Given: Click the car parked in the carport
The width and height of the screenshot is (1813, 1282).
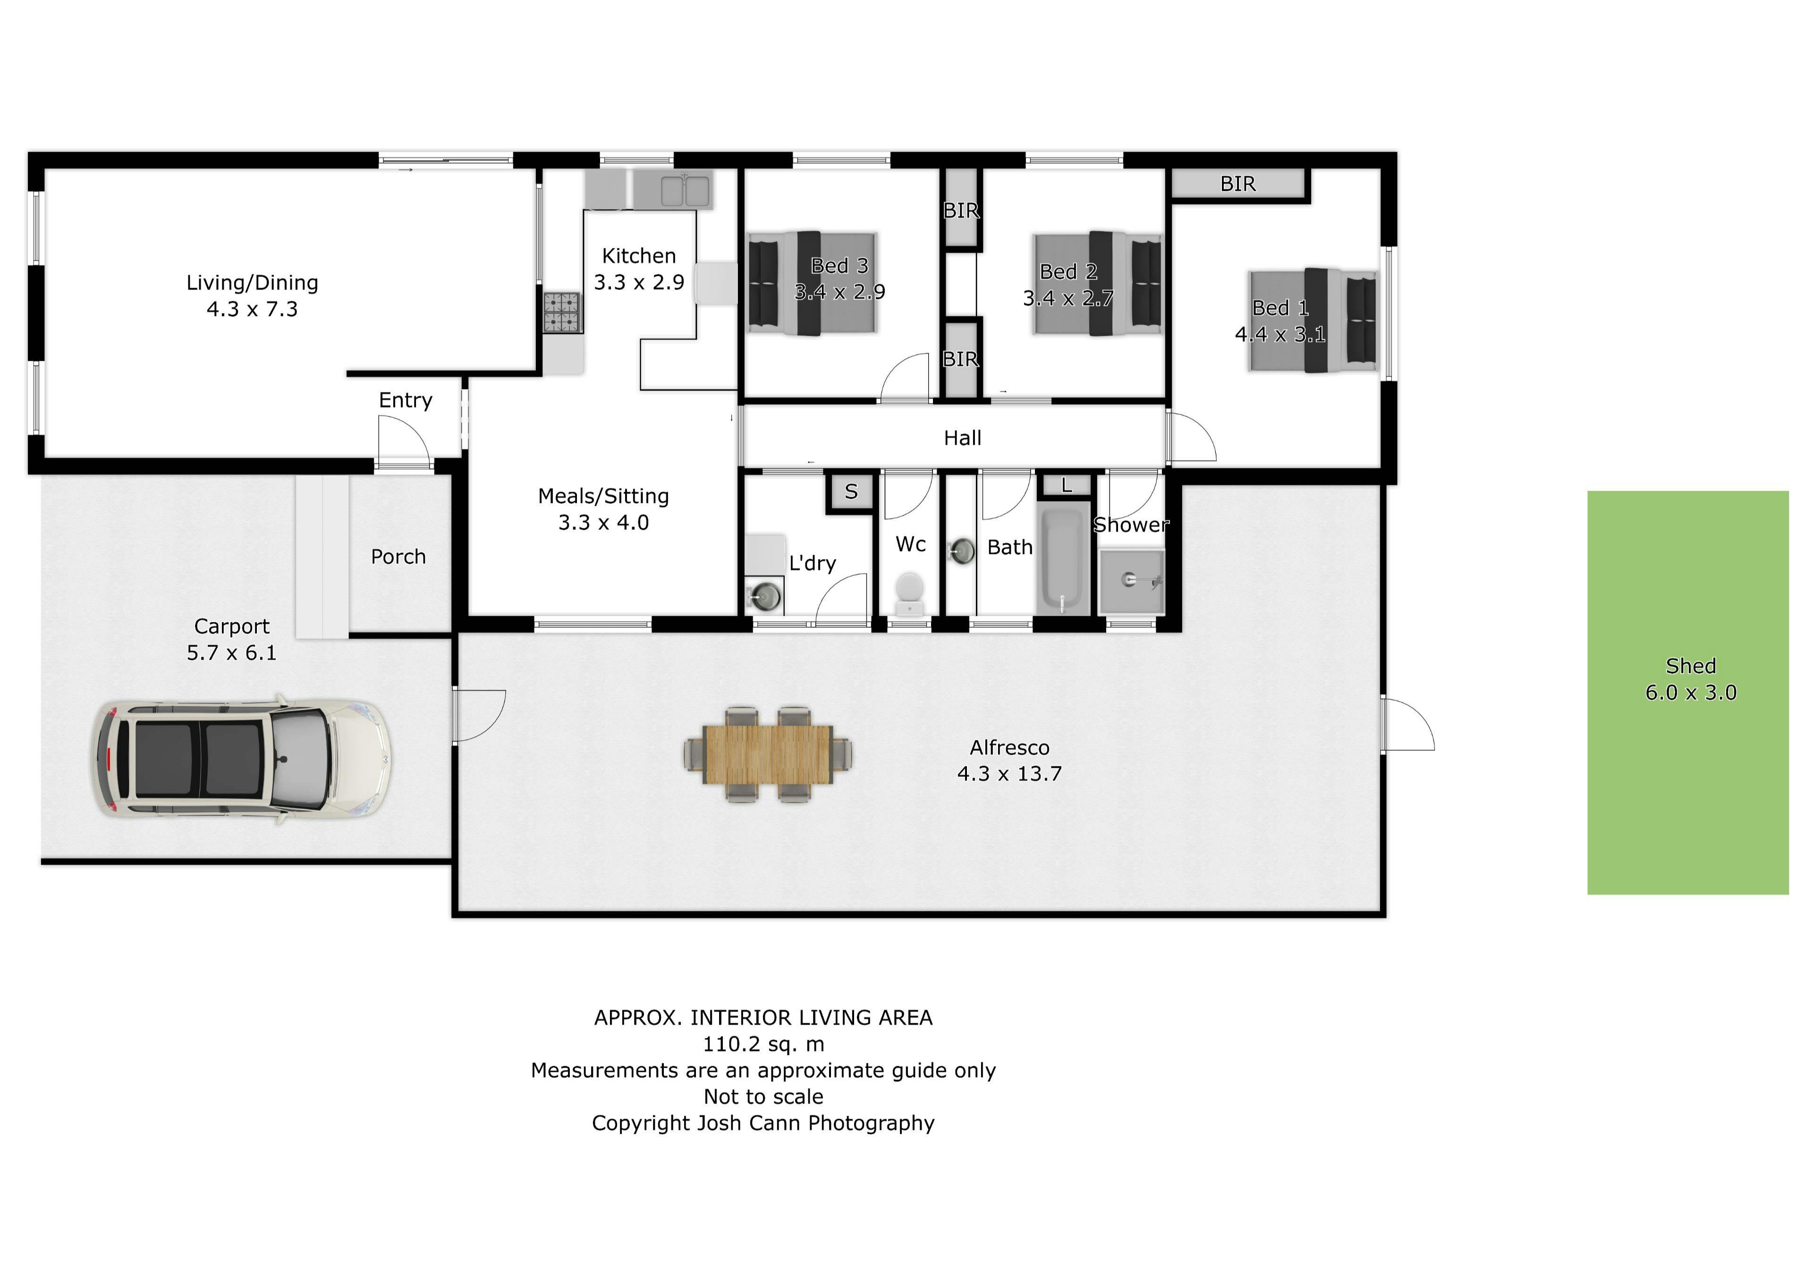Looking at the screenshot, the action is (x=240, y=758).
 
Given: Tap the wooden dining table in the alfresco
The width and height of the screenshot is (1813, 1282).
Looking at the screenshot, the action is (x=768, y=755).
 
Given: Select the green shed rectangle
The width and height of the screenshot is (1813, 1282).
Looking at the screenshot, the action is (x=1688, y=693).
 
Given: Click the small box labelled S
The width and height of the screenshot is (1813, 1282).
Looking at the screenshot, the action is (x=851, y=491).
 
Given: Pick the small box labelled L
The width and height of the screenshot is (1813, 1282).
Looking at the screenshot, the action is (x=1067, y=485).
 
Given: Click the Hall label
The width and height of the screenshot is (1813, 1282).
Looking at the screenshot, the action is (x=963, y=438).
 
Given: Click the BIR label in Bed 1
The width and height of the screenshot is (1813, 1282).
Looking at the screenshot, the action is (x=1237, y=184).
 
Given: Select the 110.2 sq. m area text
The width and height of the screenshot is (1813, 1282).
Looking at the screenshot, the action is (x=763, y=1044).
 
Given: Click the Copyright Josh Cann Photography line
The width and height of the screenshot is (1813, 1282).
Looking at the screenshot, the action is (x=763, y=1123).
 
